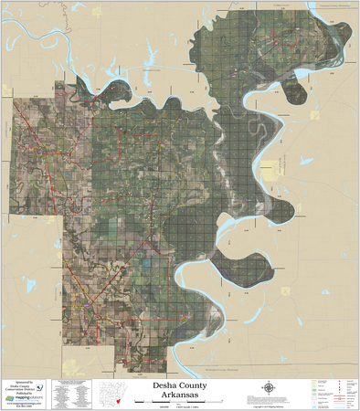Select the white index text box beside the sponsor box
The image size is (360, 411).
pos(72,394)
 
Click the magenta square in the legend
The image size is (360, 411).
pos(342,384)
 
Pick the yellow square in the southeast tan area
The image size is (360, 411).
pos(285,291)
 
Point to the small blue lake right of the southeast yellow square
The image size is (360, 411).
pos(322,292)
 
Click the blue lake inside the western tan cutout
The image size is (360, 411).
pos(30,285)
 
